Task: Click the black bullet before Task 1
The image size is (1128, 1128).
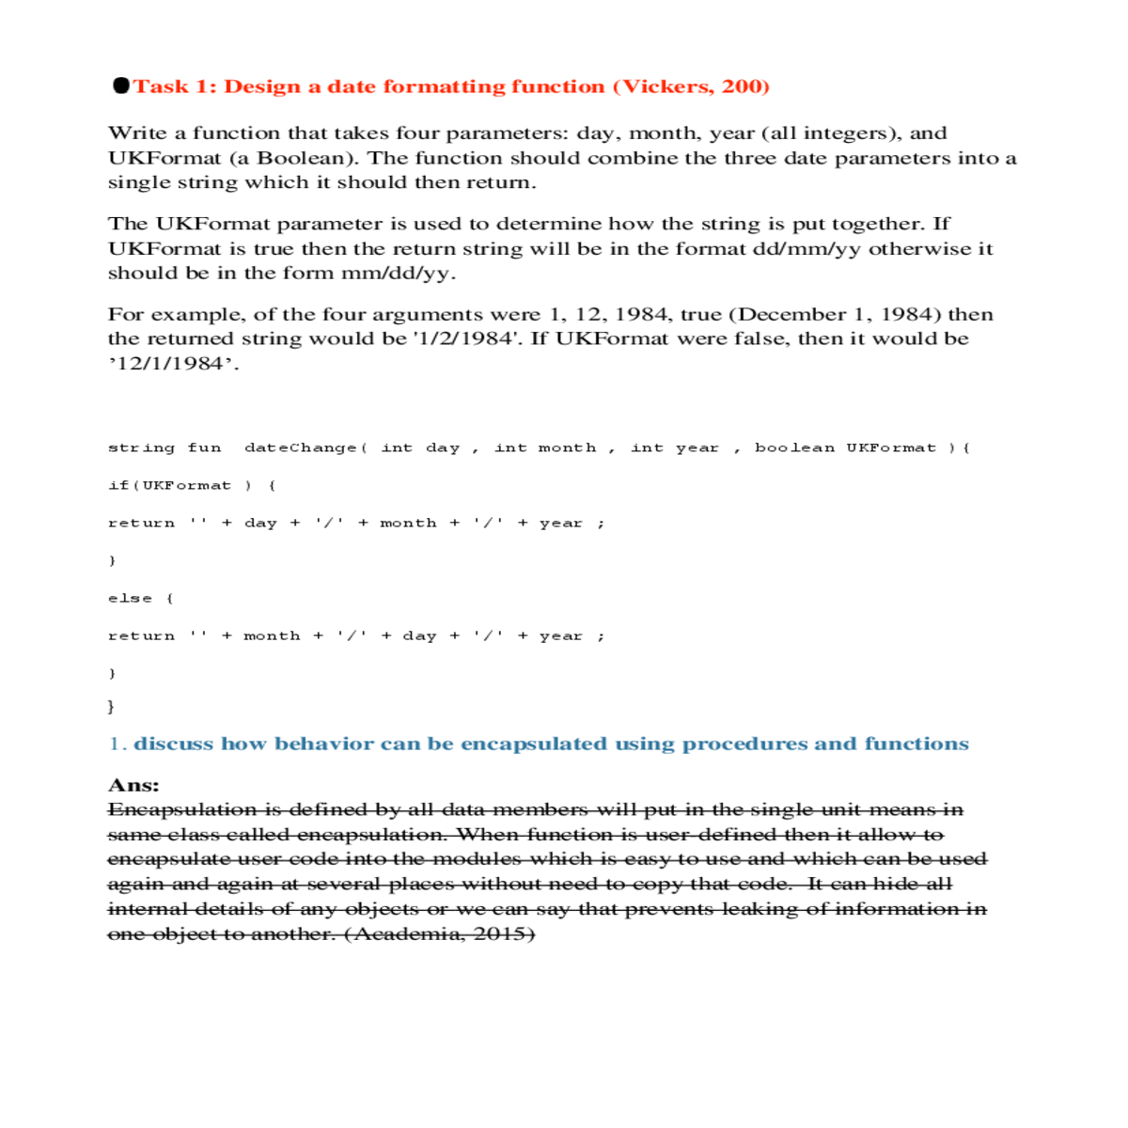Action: click(x=121, y=86)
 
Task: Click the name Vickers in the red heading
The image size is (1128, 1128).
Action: click(x=667, y=86)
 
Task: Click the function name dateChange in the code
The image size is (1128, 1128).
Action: click(x=301, y=448)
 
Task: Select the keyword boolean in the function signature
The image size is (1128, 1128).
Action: click(x=794, y=448)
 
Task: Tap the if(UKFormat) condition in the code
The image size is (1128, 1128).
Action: click(x=180, y=486)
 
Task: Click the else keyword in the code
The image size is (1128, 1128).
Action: click(x=130, y=599)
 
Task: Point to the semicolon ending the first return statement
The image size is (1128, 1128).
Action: click(x=601, y=524)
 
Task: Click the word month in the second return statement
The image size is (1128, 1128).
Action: click(x=272, y=636)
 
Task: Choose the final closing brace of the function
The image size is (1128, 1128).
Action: click(x=112, y=706)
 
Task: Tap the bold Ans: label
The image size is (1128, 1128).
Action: click(x=133, y=785)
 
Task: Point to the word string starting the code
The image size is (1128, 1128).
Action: click(x=141, y=448)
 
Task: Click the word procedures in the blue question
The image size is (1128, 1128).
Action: click(x=745, y=744)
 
